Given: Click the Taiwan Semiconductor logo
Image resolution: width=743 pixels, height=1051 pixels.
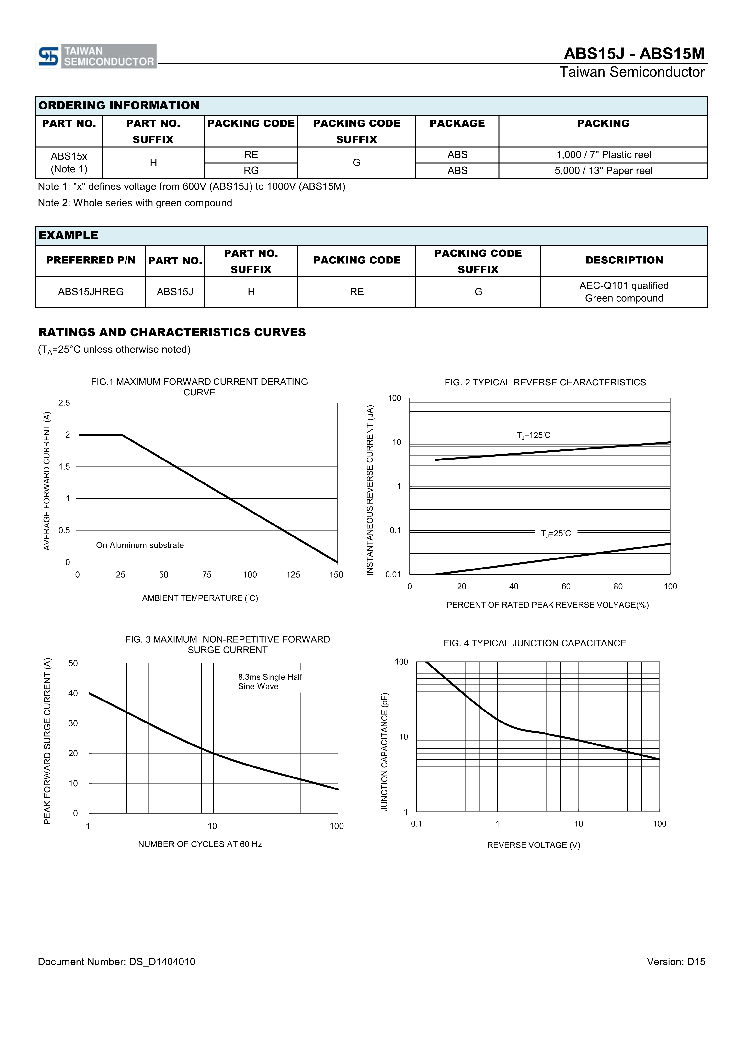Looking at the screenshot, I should pyautogui.click(x=96, y=56).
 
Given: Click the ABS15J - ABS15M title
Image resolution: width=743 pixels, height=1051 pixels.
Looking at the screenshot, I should pyautogui.click(x=634, y=54).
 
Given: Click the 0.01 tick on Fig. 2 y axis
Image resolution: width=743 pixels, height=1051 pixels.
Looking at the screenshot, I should pyautogui.click(x=393, y=574).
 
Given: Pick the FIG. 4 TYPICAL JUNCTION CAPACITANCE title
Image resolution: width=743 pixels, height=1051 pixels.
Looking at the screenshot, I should pyautogui.click(x=535, y=643).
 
